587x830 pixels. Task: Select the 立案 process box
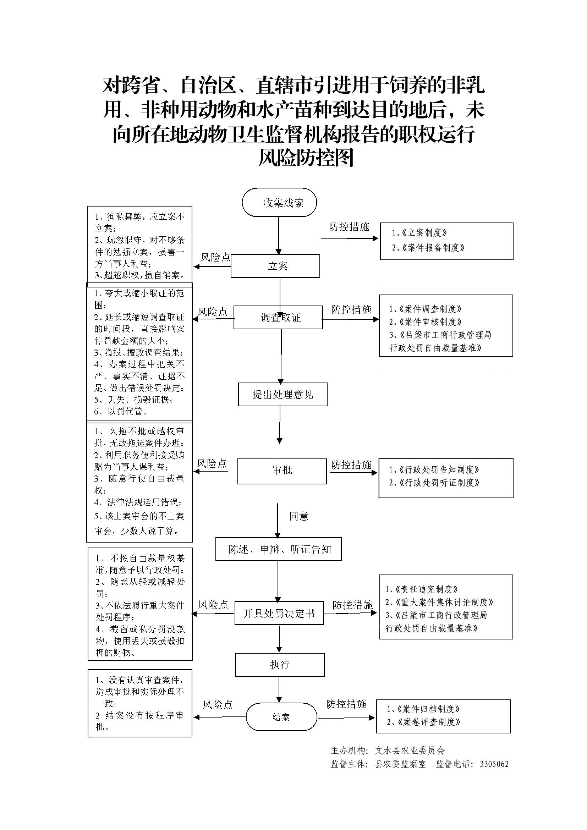tap(275, 266)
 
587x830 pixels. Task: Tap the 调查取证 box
tap(278, 317)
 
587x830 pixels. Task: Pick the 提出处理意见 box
tap(282, 394)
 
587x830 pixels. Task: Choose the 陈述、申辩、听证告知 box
tap(278, 549)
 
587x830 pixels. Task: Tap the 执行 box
tap(280, 665)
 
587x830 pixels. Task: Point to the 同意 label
tap(298, 516)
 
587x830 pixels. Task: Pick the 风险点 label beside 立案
tap(215, 257)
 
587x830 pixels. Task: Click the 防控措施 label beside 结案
tap(346, 704)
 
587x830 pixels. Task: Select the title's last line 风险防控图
tap(306, 158)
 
